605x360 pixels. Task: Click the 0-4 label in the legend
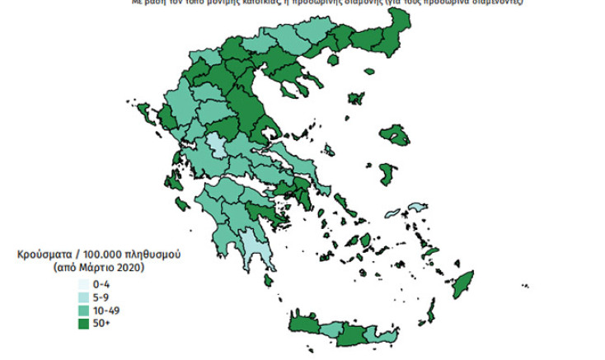point(102,284)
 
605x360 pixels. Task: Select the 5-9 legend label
point(102,297)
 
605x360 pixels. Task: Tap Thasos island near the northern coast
point(335,60)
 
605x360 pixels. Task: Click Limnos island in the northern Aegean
point(357,99)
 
